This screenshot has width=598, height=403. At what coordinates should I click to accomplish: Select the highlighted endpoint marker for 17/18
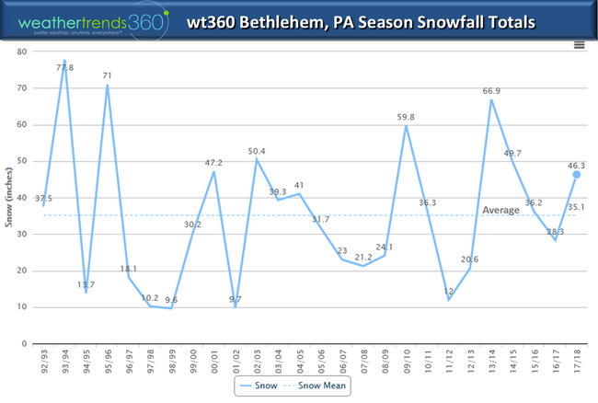pos(577,174)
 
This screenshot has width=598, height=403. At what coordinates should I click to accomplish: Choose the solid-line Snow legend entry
pos(261,386)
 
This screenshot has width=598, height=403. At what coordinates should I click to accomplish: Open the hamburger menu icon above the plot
pos(579,43)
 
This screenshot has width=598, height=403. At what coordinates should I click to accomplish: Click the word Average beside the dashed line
pos(501,210)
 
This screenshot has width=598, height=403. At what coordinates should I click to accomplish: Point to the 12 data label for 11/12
pos(449,291)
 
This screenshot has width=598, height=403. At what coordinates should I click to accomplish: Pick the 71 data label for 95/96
pos(107,75)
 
